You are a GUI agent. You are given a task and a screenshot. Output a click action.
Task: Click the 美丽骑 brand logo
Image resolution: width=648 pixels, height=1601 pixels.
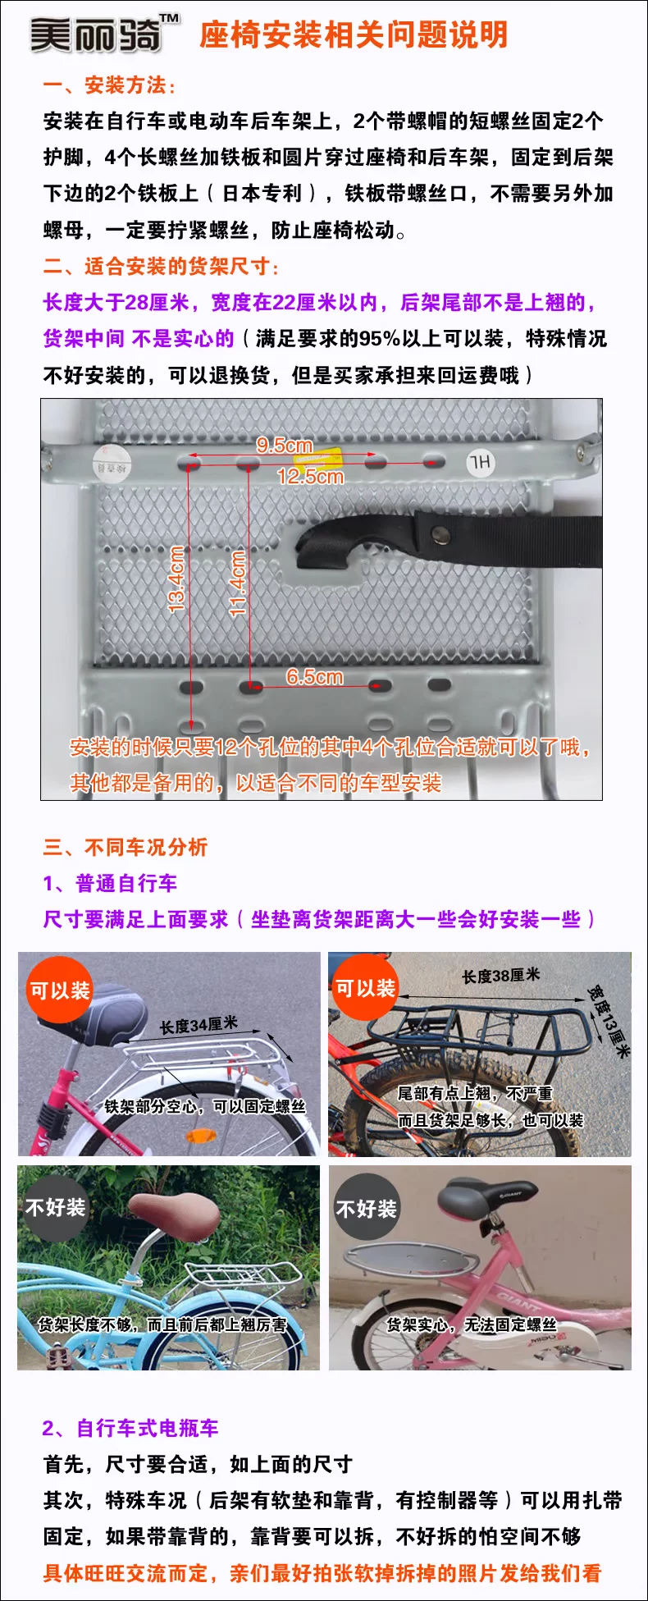[103, 34]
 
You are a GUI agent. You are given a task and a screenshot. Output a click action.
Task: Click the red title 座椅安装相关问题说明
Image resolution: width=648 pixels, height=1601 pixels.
[354, 35]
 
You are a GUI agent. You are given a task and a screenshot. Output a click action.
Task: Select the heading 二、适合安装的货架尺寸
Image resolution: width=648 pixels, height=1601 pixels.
[161, 266]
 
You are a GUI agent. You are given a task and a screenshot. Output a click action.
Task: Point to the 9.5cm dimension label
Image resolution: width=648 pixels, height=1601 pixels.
[284, 445]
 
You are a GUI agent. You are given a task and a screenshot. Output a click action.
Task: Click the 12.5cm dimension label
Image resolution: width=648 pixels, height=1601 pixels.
[310, 476]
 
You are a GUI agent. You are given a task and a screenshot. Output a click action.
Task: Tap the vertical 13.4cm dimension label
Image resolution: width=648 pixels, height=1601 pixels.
[176, 579]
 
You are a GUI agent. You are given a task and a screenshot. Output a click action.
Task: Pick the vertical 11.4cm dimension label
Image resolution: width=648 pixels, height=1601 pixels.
[238, 583]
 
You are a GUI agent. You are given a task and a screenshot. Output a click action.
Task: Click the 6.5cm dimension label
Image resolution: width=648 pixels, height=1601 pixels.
[314, 677]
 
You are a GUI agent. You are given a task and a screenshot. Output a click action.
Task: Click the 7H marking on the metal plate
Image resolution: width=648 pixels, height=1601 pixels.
[481, 463]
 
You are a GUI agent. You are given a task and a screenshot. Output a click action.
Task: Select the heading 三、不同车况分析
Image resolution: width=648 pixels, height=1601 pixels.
[125, 847]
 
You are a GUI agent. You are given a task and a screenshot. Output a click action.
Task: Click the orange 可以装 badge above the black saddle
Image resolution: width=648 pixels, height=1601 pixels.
[59, 990]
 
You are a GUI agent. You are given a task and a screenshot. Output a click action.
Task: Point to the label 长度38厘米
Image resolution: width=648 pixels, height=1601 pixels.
[500, 976]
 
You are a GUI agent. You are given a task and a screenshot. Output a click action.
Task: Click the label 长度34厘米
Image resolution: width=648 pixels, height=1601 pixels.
[199, 1025]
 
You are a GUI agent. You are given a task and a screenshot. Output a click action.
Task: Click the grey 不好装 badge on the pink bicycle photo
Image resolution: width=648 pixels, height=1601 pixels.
[366, 1209]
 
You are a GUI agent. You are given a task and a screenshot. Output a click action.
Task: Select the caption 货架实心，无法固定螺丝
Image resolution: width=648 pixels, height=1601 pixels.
[472, 1324]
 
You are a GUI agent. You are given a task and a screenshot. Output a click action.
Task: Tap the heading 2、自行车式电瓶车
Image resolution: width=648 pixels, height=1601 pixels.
[130, 1428]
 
